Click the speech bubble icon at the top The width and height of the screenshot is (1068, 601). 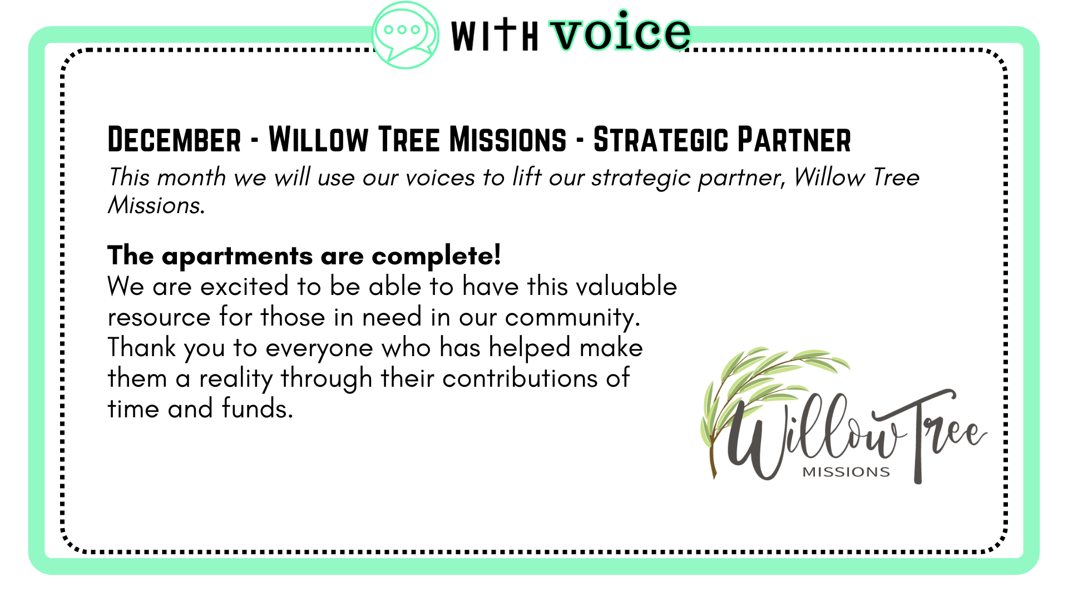pos(406,35)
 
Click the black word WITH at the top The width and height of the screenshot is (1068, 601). pos(495,35)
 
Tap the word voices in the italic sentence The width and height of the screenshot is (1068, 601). pos(440,178)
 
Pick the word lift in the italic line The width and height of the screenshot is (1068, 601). pos(527,177)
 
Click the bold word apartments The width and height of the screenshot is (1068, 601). pos(238,257)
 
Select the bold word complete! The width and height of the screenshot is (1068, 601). pos(436,256)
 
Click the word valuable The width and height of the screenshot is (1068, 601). pos(626,286)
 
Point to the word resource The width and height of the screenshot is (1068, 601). pos(159,318)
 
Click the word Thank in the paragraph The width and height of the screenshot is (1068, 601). pos(142,347)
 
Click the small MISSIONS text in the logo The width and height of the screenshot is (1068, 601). pos(846,472)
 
